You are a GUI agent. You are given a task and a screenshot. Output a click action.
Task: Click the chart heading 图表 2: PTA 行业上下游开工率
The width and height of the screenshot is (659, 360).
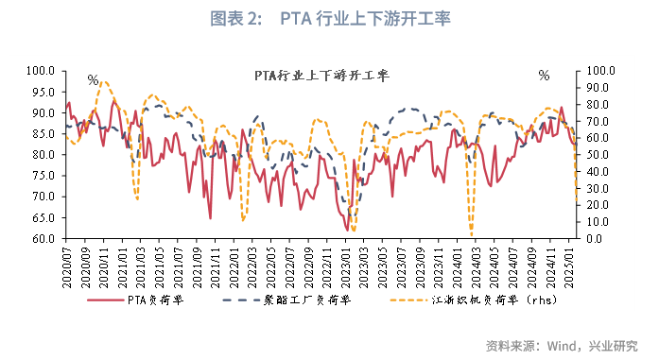click(x=328, y=19)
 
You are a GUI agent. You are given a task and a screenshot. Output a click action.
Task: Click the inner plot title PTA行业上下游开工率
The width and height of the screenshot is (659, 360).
click(x=321, y=76)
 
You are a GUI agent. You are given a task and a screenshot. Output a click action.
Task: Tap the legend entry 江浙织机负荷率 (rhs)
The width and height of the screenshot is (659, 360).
click(x=482, y=300)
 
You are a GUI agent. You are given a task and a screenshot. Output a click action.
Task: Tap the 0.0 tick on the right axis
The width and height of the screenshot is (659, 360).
click(x=597, y=239)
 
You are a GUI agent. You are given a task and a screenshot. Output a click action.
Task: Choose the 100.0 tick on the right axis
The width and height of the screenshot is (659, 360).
click(x=602, y=70)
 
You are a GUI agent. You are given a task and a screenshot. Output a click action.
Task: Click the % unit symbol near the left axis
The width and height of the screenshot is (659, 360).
click(x=93, y=80)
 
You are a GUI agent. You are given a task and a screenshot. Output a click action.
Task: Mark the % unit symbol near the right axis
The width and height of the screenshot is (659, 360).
click(x=544, y=76)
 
